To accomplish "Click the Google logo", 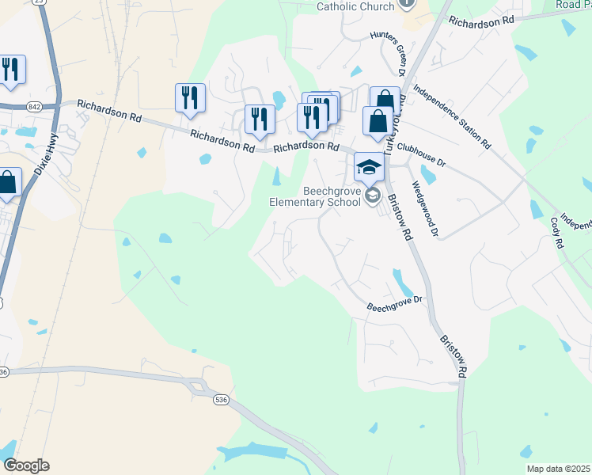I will [x=25, y=465].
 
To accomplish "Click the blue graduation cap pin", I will [x=369, y=168].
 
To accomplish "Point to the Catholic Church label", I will [x=355, y=6].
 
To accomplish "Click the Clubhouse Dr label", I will [x=421, y=154].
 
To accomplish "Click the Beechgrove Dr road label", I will [x=397, y=303].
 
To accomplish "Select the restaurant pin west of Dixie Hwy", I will [x=10, y=70].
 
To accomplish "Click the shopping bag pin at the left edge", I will [x=8, y=183].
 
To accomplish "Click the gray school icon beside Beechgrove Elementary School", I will [x=373, y=197].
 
